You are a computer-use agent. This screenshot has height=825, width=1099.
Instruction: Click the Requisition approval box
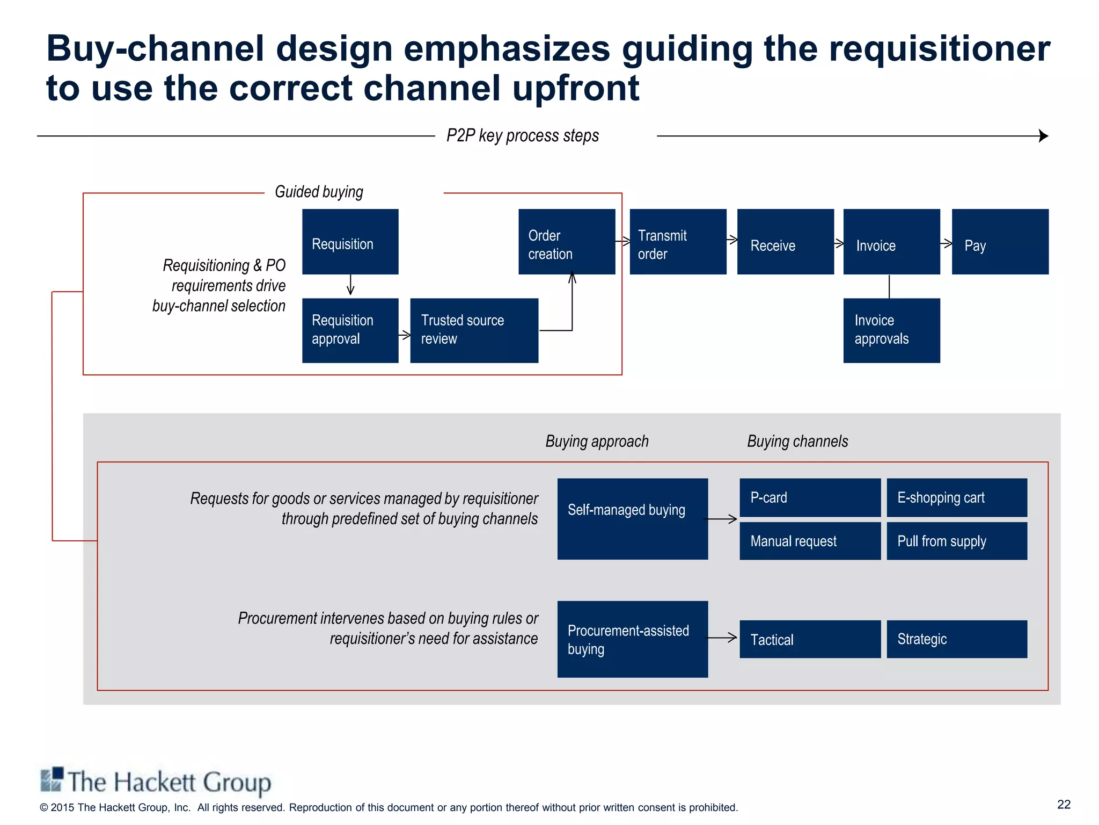click(350, 330)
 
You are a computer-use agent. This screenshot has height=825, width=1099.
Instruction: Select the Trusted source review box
click(474, 330)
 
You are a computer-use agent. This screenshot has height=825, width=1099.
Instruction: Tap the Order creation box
click(566, 242)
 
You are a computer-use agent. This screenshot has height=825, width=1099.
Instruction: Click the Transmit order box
click(677, 242)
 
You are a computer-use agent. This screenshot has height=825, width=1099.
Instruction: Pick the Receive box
click(785, 242)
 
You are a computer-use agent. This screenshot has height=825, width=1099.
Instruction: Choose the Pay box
click(1000, 242)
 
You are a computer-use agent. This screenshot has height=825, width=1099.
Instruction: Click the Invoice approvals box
click(891, 330)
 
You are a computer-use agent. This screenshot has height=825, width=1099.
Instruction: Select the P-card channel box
click(810, 497)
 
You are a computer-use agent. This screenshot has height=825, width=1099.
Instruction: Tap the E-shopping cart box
click(957, 497)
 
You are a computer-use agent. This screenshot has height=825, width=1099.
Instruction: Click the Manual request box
click(810, 541)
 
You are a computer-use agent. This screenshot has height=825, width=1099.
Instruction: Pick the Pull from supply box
click(957, 541)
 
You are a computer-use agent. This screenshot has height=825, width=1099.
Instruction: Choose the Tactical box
click(810, 639)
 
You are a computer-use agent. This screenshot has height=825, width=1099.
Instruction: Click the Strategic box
click(957, 639)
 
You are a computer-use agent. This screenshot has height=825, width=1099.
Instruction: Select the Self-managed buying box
click(632, 519)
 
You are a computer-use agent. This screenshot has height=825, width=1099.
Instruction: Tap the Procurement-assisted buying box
click(632, 639)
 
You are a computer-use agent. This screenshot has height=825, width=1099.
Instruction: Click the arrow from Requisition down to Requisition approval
click(350, 285)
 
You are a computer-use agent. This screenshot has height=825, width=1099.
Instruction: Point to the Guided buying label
click(319, 192)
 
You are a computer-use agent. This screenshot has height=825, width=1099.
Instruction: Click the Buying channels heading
click(797, 442)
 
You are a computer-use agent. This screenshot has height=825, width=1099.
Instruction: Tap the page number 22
click(1064, 804)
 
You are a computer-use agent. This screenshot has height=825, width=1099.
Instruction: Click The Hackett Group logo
click(156, 781)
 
